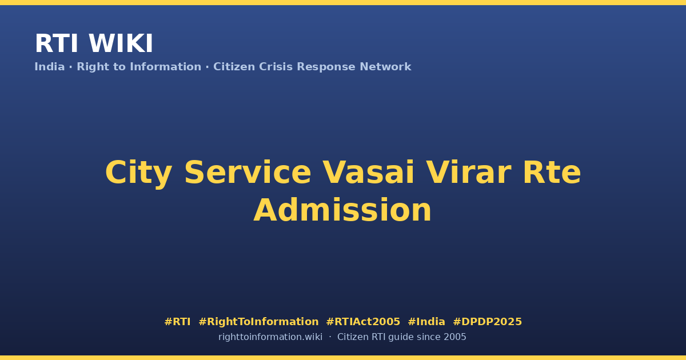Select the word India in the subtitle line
click(50, 67)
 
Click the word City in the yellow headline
click(138, 173)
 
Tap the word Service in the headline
click(248, 173)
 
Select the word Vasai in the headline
click(369, 173)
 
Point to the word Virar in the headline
click(469, 173)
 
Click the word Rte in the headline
click(552, 173)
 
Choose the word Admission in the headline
click(342, 210)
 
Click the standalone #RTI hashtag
click(177, 322)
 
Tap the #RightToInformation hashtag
click(258, 322)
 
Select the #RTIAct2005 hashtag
click(363, 322)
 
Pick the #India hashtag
click(426, 322)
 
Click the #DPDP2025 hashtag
click(487, 322)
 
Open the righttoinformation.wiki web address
click(270, 337)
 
